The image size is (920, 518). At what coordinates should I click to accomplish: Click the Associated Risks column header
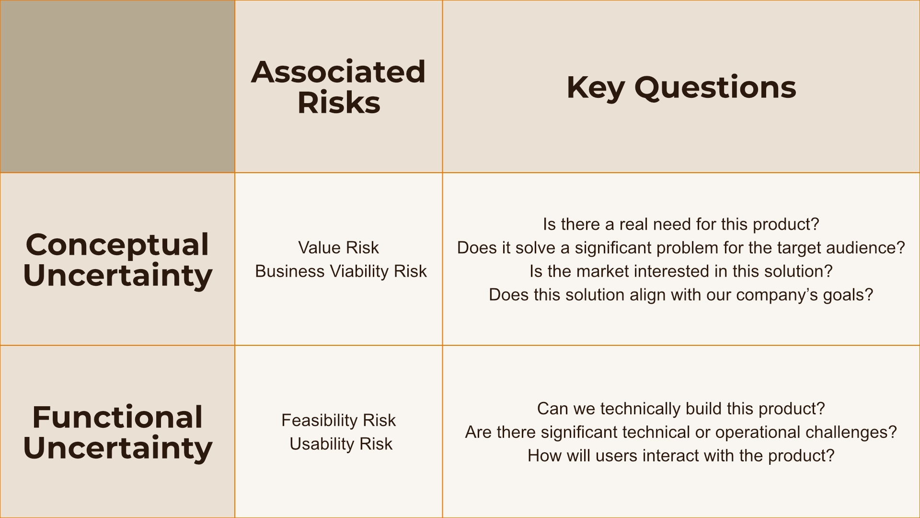click(x=338, y=87)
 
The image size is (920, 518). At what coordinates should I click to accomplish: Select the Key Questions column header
click(x=681, y=87)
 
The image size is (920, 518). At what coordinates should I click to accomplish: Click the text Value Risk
click(x=338, y=247)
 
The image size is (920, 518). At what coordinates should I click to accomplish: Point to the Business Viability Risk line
click(x=341, y=271)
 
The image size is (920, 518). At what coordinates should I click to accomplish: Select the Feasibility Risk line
click(x=338, y=420)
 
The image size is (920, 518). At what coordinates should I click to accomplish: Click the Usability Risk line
click(x=341, y=444)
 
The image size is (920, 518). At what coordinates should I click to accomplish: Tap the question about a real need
click(x=681, y=224)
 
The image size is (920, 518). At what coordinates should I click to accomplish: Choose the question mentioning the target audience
click(x=681, y=247)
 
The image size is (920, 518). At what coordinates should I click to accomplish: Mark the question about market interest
click(x=681, y=271)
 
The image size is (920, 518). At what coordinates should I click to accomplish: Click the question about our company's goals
click(x=681, y=294)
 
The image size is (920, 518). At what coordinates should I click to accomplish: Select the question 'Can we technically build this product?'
click(x=681, y=409)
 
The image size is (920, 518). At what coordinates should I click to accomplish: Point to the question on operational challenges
click(x=681, y=432)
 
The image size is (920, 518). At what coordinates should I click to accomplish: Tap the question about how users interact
click(x=681, y=456)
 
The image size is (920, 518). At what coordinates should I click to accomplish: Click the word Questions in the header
click(x=715, y=88)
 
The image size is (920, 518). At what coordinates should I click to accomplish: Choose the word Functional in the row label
click(x=117, y=417)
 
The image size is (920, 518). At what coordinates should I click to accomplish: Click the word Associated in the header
click(x=338, y=71)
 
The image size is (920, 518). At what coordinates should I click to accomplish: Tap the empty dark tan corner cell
click(x=117, y=86)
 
